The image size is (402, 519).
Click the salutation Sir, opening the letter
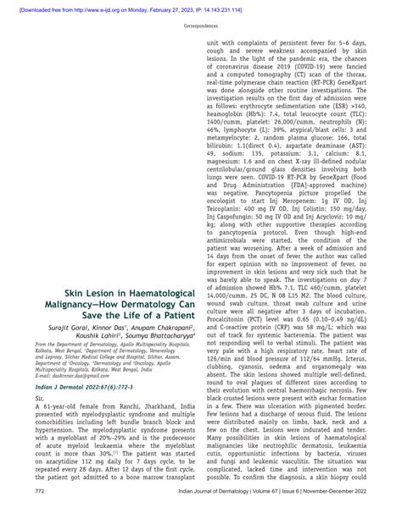coord(39,405)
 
